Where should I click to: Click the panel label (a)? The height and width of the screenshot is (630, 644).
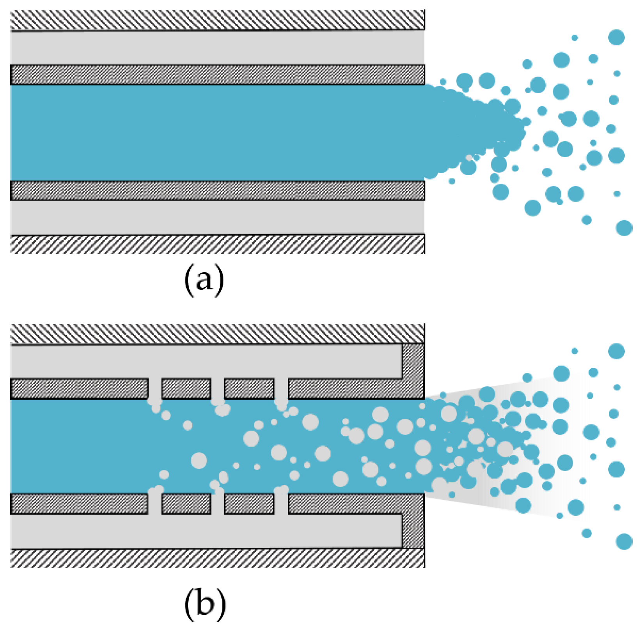pos(204,279)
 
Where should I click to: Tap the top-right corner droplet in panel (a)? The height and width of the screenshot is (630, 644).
pos(616,37)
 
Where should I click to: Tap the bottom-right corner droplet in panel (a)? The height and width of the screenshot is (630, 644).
pos(624,228)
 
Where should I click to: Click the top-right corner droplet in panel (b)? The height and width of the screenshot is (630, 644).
pos(616,351)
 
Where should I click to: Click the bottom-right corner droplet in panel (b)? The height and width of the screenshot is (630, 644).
pos(624,541)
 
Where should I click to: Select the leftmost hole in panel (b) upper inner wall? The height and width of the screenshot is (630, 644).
pos(155,389)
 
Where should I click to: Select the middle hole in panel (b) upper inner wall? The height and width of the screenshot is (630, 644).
pos(218,389)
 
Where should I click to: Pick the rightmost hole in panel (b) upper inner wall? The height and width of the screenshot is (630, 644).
pos(281,389)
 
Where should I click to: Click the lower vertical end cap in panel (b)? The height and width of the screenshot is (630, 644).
pos(413,531)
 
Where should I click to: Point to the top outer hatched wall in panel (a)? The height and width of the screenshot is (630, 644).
pos(217,20)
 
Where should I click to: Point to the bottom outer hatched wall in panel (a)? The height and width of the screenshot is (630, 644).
pos(217,244)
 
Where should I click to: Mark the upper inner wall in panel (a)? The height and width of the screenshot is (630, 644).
pos(217,75)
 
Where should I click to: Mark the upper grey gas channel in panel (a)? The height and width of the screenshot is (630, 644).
pos(217,48)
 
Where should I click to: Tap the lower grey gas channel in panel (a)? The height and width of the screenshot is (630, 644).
pos(217,217)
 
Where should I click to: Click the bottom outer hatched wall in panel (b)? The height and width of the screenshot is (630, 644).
pos(217,558)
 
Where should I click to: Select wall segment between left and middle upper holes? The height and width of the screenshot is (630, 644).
pos(186,389)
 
